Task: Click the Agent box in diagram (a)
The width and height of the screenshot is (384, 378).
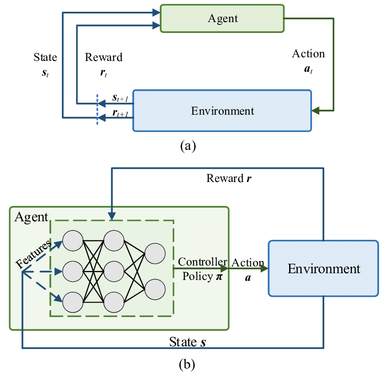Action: [x=222, y=19]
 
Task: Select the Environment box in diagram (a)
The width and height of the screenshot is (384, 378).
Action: [x=222, y=111]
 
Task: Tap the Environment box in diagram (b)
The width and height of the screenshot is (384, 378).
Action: [x=323, y=269]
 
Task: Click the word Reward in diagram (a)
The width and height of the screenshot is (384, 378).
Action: [x=104, y=58]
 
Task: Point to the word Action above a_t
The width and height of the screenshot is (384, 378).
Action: [x=308, y=54]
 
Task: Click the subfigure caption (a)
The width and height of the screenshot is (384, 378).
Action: [x=187, y=145]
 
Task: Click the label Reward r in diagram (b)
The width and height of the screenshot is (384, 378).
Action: [x=229, y=178]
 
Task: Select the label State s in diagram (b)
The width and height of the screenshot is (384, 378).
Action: [x=188, y=342]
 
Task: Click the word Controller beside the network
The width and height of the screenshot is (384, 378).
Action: [x=202, y=262]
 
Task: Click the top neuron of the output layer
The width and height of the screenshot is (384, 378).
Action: [x=155, y=254]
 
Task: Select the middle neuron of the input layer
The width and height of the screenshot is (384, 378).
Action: [x=73, y=272]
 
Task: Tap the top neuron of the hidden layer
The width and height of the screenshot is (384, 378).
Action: [x=113, y=240]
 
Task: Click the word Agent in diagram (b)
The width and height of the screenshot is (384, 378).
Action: [x=31, y=217]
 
